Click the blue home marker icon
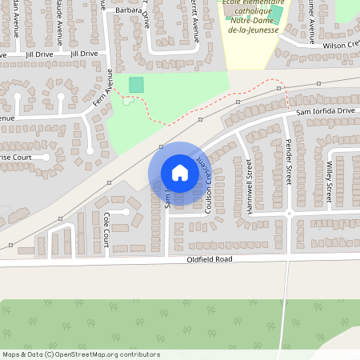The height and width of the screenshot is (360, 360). tap(180, 173)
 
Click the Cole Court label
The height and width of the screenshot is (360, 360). tap(106, 226)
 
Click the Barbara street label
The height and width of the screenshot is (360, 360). tap(127, 10)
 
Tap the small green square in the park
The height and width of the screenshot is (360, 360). tap(137, 84)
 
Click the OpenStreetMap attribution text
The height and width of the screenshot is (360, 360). tap(81, 354)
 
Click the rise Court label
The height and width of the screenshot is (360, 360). tap(16, 158)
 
